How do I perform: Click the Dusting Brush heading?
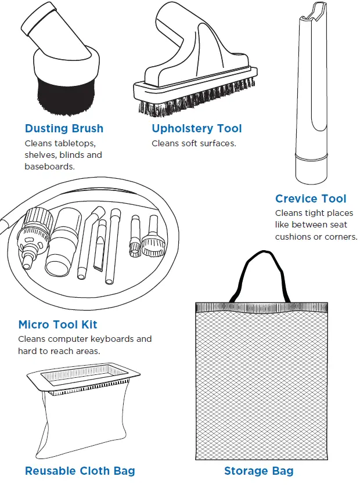tap(64, 129)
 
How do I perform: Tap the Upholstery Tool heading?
tap(197, 129)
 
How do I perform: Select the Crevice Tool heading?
tap(311, 199)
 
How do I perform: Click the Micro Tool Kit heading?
tap(57, 324)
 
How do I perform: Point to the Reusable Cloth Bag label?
tap(80, 471)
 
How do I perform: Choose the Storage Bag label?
tap(258, 471)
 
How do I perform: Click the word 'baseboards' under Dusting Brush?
tap(50, 167)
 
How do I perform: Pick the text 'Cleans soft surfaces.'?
tap(194, 143)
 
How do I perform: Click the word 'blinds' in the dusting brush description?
tap(72, 155)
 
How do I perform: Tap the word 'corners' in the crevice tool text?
tap(340, 237)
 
